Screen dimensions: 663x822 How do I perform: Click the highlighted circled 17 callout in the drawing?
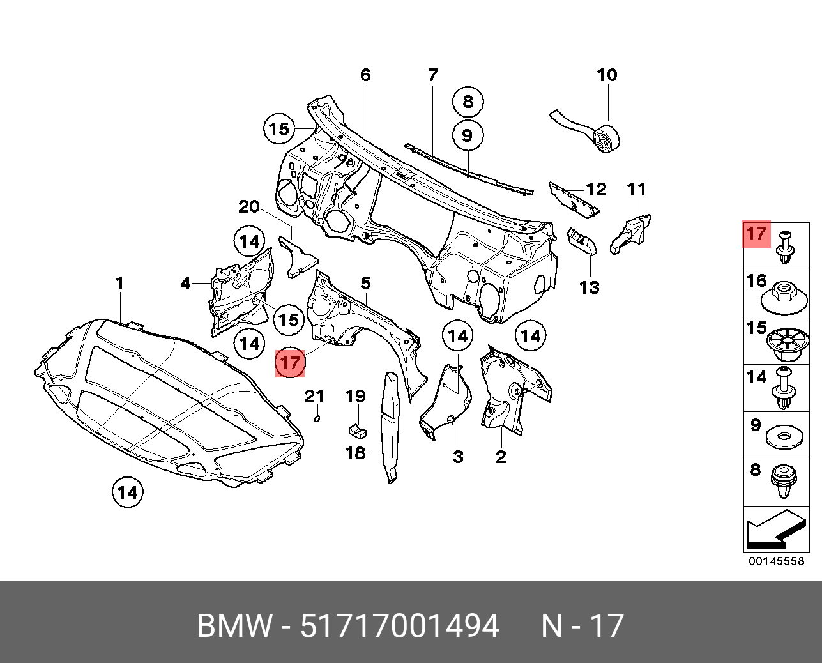(x=289, y=363)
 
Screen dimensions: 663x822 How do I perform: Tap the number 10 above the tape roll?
(x=607, y=75)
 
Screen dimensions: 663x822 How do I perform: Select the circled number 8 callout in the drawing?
(x=468, y=102)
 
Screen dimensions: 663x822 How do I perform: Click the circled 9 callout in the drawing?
(x=468, y=135)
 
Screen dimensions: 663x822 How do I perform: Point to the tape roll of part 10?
(x=607, y=139)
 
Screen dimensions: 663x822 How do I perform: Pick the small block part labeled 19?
(x=357, y=429)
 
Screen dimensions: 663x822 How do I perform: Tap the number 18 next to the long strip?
(x=356, y=453)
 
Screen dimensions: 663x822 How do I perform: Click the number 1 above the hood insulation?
(x=119, y=283)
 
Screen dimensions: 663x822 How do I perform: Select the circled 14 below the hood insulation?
(x=127, y=492)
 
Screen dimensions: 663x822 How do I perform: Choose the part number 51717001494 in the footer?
(x=399, y=626)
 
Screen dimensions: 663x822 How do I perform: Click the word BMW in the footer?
(x=234, y=626)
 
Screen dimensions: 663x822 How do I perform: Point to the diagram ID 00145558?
(x=776, y=561)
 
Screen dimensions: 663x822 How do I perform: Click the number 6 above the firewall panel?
(x=365, y=75)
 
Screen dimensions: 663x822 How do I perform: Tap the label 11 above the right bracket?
(x=636, y=190)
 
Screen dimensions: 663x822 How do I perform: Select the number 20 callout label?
(x=249, y=207)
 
